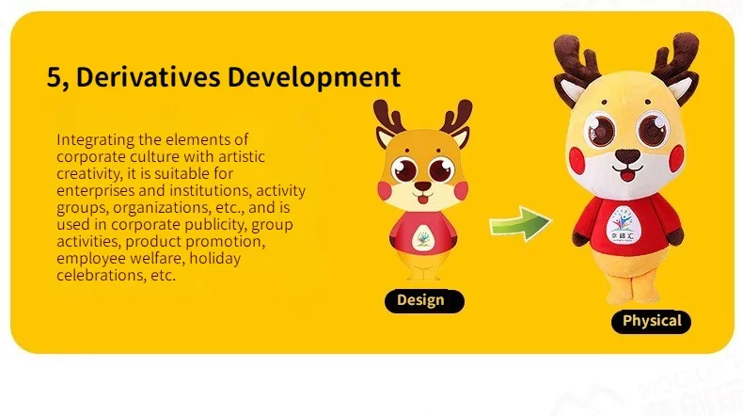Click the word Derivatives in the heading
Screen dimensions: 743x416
pyautogui.click(x=148, y=76)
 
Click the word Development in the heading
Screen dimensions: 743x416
pyautogui.click(x=314, y=78)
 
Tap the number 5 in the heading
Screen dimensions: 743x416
pyautogui.click(x=55, y=77)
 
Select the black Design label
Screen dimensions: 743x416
pyautogui.click(x=424, y=301)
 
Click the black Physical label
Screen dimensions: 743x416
pyautogui.click(x=651, y=322)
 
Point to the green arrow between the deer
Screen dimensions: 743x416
pyautogui.click(x=520, y=223)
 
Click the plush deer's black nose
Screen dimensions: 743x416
pyautogui.click(x=627, y=155)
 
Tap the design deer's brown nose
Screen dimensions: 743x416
pyautogui.click(x=422, y=186)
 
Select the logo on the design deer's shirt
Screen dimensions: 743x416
pyautogui.click(x=422, y=239)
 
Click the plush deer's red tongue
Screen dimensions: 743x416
pyautogui.click(x=627, y=176)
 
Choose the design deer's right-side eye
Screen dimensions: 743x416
pyautogui.click(x=442, y=169)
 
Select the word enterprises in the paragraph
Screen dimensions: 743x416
pyautogui.click(x=95, y=191)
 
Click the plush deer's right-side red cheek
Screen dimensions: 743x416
pyautogui.click(x=676, y=158)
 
